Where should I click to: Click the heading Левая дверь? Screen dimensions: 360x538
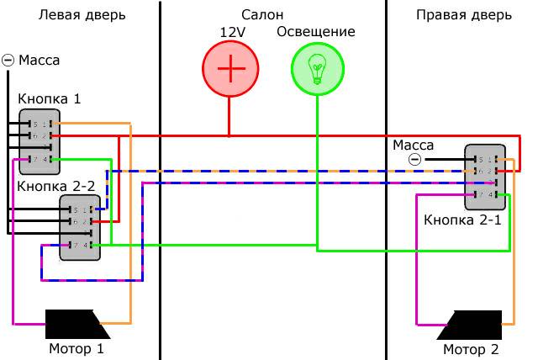[x=82, y=15]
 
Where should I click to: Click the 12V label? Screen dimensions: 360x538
[x=232, y=33]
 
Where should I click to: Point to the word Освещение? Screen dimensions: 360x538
[x=315, y=33]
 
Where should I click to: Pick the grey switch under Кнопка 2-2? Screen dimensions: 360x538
[x=80, y=227]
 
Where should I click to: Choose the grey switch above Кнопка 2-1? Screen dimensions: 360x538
[x=485, y=177]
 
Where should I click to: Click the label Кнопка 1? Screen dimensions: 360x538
[x=50, y=99]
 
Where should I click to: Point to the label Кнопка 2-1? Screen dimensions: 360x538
[x=462, y=221]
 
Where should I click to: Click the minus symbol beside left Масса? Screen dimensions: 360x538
[x=8, y=60]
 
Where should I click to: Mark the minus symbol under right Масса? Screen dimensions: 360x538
[x=414, y=160]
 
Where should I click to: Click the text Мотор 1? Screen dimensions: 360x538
[x=76, y=348]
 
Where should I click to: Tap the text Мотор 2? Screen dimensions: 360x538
[x=471, y=349]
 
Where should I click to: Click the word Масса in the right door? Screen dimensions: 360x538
[x=414, y=145]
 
